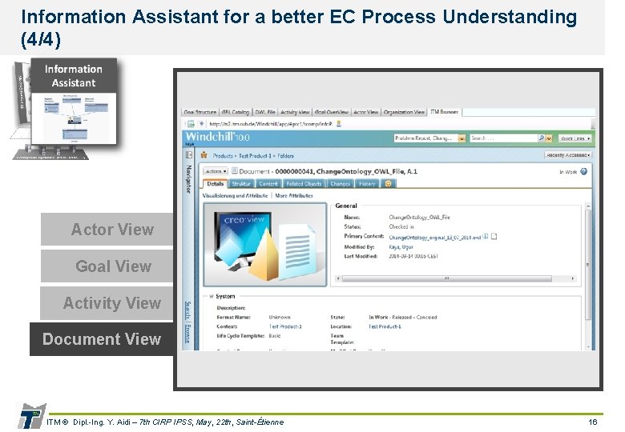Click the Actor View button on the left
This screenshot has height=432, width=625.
(x=111, y=230)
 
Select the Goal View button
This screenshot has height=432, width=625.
(x=112, y=266)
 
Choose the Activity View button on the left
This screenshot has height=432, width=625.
(x=111, y=303)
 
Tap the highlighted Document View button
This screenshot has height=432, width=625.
(x=102, y=339)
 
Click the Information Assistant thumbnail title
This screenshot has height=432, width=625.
(x=73, y=76)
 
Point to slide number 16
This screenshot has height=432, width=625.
(x=592, y=422)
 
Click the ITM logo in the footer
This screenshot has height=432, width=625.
(x=30, y=417)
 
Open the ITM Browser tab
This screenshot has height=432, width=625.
(x=444, y=112)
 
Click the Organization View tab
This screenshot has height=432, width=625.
(x=405, y=112)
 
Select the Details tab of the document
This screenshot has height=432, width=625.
(x=216, y=183)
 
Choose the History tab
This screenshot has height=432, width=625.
(x=366, y=183)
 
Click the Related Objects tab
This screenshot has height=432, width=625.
(x=303, y=183)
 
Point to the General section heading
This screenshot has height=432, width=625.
(x=346, y=206)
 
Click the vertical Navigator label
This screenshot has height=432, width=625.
(x=189, y=175)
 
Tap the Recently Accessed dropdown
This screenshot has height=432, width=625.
(x=569, y=155)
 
